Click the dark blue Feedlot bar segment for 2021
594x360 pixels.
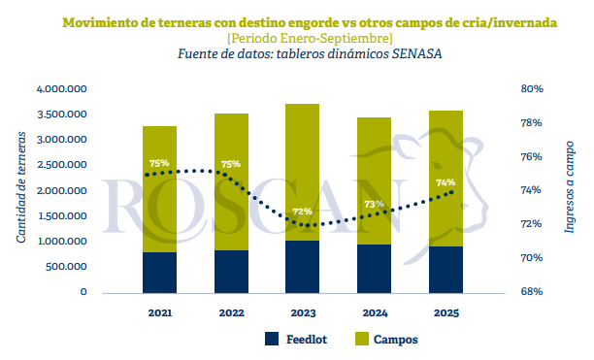(x=159, y=272)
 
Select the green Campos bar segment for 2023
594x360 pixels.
(x=303, y=155)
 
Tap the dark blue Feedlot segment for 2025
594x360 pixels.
(x=445, y=269)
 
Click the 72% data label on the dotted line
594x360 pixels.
(x=302, y=212)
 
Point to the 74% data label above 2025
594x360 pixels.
(x=445, y=182)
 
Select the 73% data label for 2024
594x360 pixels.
(x=374, y=204)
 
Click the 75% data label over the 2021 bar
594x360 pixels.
(x=159, y=163)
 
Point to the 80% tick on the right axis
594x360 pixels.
(x=532, y=89)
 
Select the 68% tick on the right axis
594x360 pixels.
(x=532, y=292)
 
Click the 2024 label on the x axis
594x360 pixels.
(x=374, y=313)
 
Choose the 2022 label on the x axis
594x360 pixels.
(x=231, y=313)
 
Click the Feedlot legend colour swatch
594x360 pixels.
(x=272, y=340)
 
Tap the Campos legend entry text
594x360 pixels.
(x=396, y=340)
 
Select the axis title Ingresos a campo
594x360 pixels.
(x=569, y=190)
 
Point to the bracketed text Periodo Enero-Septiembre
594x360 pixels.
(x=296, y=37)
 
